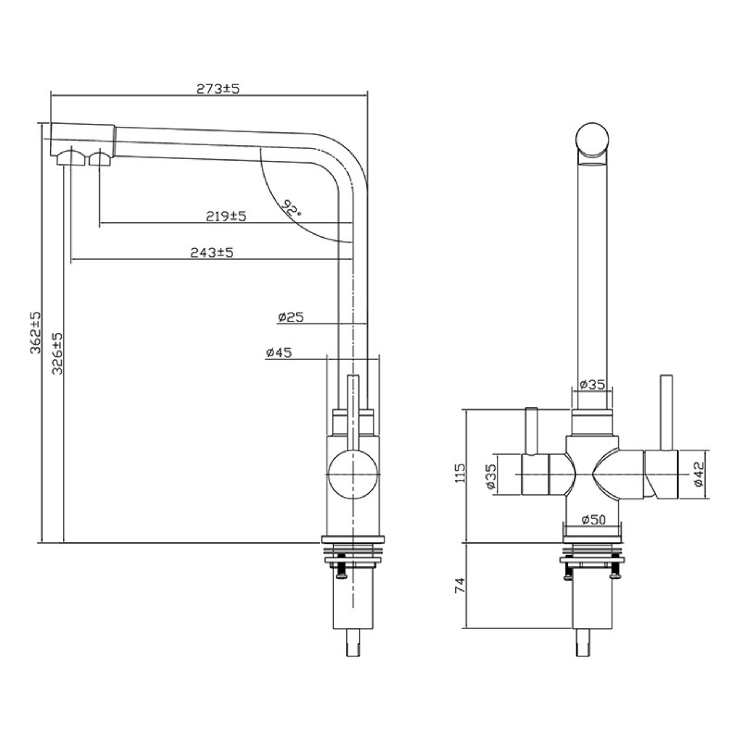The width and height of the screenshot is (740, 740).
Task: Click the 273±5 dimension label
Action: tap(218, 88)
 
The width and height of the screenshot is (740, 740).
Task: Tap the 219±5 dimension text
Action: tap(226, 216)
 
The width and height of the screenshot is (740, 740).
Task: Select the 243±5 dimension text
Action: tap(212, 252)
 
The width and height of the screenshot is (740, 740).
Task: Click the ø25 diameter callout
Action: tap(291, 317)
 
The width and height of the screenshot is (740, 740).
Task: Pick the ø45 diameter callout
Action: tap(279, 352)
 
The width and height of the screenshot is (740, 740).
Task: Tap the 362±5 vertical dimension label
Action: tap(35, 333)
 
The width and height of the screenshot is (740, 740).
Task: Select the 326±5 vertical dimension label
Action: tap(57, 353)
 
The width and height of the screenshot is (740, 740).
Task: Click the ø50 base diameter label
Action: tap(594, 519)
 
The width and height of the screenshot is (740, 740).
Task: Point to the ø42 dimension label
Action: tap(699, 474)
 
